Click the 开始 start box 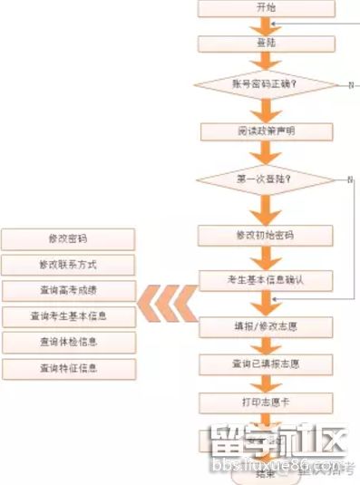click(x=266, y=7)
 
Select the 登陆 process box click(x=266, y=42)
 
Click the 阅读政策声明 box click(x=266, y=131)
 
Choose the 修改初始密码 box click(x=266, y=235)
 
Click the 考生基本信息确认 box click(x=266, y=279)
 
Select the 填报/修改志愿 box click(x=266, y=324)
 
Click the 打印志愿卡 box click(x=266, y=402)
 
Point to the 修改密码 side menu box click(x=68, y=239)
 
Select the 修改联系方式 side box click(x=68, y=265)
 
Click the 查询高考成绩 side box click(x=68, y=291)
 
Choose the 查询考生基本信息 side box click(x=68, y=316)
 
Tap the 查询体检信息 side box click(x=68, y=343)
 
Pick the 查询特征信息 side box click(x=68, y=369)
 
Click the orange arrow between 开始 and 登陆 click(x=266, y=24)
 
